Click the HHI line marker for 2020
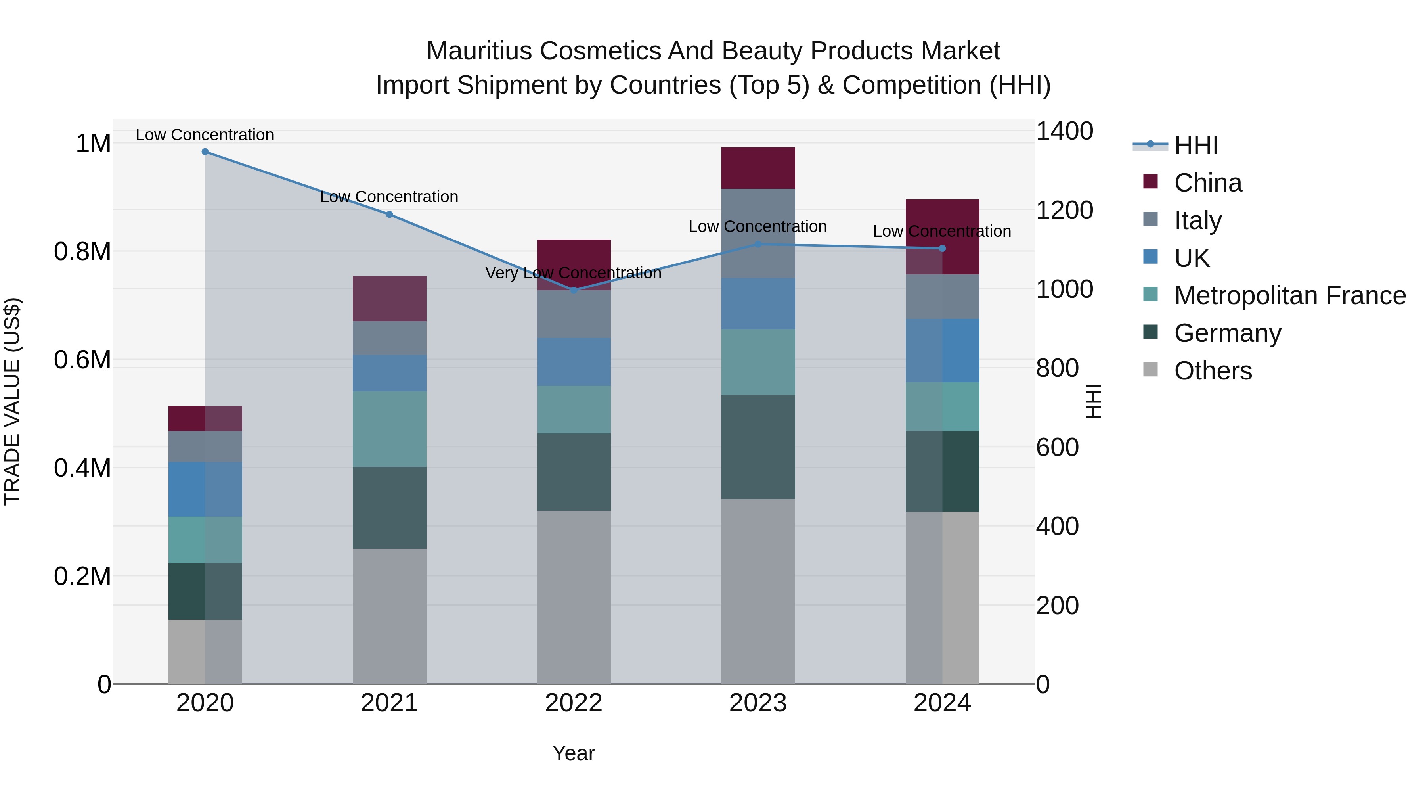tap(205, 152)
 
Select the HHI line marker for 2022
tap(574, 290)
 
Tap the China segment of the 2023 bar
tap(758, 168)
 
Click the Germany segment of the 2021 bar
tap(389, 508)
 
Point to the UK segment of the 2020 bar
tap(205, 489)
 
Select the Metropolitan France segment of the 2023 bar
tap(758, 362)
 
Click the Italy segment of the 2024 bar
tap(942, 297)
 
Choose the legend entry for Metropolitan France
tap(1289, 295)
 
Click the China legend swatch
tap(1151, 182)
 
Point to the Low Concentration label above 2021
tap(389, 197)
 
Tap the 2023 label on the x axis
tap(758, 703)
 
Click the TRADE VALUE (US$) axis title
tap(12, 401)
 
